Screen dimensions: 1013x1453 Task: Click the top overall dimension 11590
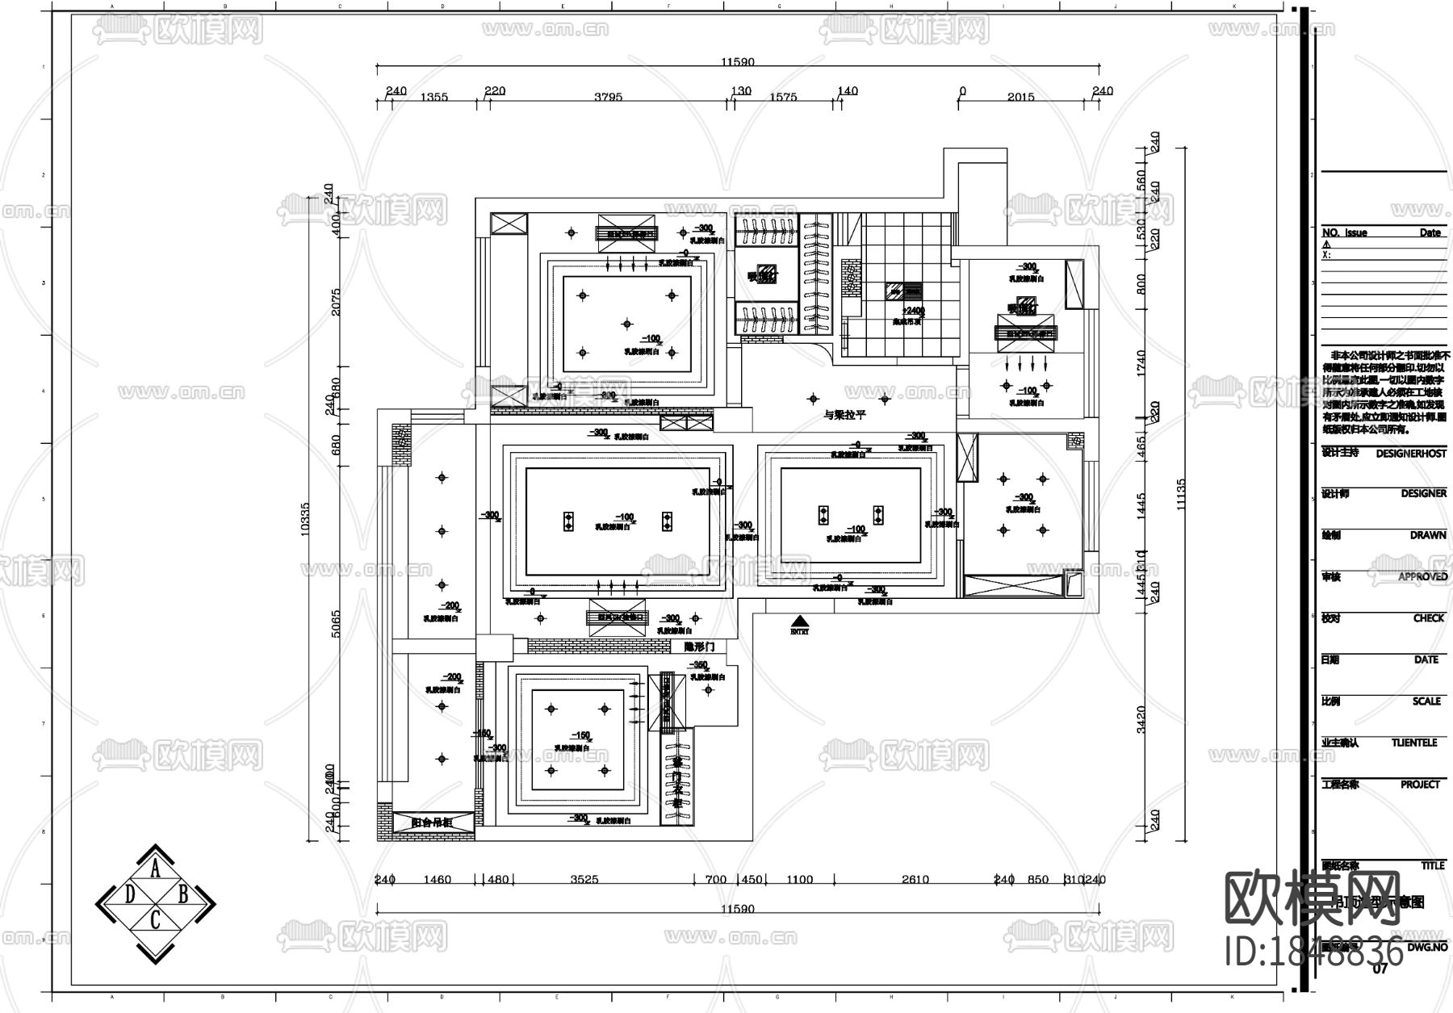click(x=737, y=62)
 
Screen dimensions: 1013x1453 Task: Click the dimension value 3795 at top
click(x=608, y=97)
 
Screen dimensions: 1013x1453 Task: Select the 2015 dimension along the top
click(x=1020, y=97)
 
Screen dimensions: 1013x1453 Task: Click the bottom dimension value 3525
click(x=584, y=879)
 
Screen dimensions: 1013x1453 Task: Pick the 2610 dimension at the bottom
click(x=915, y=879)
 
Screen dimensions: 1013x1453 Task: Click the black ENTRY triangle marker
click(x=799, y=622)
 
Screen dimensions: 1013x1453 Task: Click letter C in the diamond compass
click(x=156, y=919)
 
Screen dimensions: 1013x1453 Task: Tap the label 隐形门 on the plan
click(x=699, y=647)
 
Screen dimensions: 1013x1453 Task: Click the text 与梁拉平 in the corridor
click(x=844, y=415)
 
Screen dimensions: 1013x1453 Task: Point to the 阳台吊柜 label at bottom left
click(x=431, y=823)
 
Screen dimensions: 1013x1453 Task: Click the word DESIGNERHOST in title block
click(x=1411, y=454)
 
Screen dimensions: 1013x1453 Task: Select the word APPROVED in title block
click(x=1422, y=576)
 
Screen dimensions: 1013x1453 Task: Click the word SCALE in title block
click(x=1426, y=701)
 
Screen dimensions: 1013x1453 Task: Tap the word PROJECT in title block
click(x=1420, y=784)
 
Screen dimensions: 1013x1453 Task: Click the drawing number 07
click(x=1380, y=969)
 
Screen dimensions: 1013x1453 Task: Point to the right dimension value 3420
click(x=1140, y=718)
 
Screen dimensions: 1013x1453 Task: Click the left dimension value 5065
click(x=337, y=624)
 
